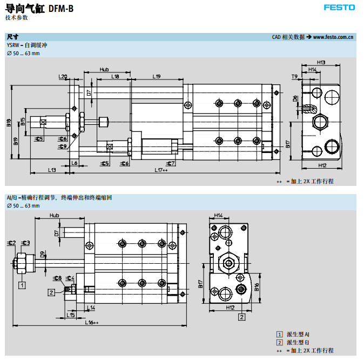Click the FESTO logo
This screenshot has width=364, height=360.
339,7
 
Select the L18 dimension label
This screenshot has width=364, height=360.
115,77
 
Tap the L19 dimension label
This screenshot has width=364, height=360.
157,77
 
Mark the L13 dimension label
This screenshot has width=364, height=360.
51,170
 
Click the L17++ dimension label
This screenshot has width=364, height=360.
161,170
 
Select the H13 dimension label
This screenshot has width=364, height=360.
321,63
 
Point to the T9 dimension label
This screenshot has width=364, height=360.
294,77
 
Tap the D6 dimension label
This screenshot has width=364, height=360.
295,98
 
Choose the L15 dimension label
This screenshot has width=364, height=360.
71,314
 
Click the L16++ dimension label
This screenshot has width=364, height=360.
92,323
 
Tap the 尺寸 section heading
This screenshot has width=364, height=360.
12,37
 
